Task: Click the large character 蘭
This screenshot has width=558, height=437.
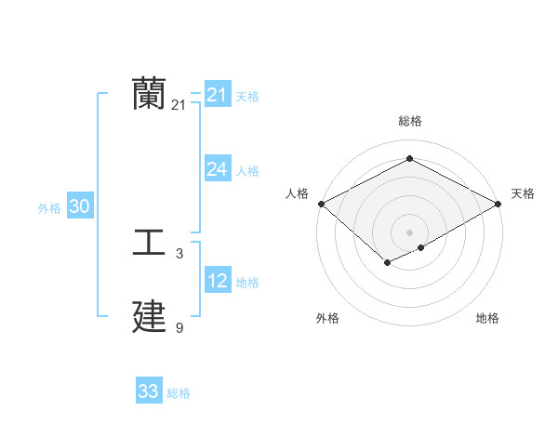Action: pyautogui.click(x=149, y=95)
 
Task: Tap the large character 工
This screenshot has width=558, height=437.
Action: pyautogui.click(x=149, y=244)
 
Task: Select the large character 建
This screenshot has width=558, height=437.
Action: pyautogui.click(x=149, y=317)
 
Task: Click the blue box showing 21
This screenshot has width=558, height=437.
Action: pyautogui.click(x=217, y=95)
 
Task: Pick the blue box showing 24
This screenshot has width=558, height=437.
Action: pyautogui.click(x=217, y=169)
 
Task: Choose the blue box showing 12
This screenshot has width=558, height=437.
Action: pyautogui.click(x=217, y=281)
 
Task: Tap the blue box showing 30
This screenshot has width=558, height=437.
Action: pyautogui.click(x=79, y=206)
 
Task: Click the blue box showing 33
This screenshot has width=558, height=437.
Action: pyautogui.click(x=149, y=391)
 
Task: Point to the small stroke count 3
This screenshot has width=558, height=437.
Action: pyautogui.click(x=179, y=254)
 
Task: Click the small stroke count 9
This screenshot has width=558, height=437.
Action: pyautogui.click(x=179, y=328)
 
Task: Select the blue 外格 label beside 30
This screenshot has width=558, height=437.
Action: pyautogui.click(x=49, y=208)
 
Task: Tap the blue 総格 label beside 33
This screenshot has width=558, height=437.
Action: pyautogui.click(x=179, y=393)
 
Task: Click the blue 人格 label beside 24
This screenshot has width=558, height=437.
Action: pyautogui.click(x=247, y=171)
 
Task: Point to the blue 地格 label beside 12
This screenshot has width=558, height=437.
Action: pyautogui.click(x=247, y=283)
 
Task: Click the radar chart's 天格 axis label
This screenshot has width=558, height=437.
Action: pyautogui.click(x=523, y=193)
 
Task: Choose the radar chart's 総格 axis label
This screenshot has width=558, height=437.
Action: pyautogui.click(x=409, y=121)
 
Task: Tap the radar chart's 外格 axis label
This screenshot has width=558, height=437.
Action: pyautogui.click(x=327, y=318)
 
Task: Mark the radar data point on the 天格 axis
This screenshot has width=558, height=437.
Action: pyautogui.click(x=499, y=204)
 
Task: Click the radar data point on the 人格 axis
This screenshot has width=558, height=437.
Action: pyautogui.click(x=321, y=204)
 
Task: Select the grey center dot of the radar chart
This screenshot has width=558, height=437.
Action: pyautogui.click(x=409, y=232)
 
